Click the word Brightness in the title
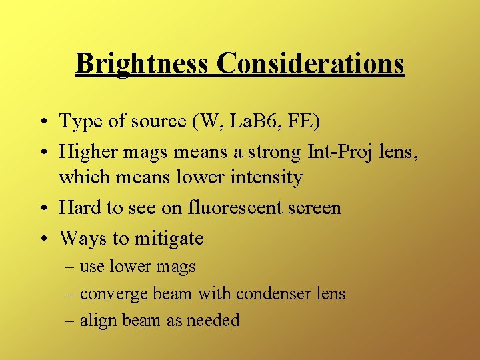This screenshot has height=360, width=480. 143,64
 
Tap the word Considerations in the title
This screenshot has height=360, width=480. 311,64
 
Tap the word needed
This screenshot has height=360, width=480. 213,321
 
